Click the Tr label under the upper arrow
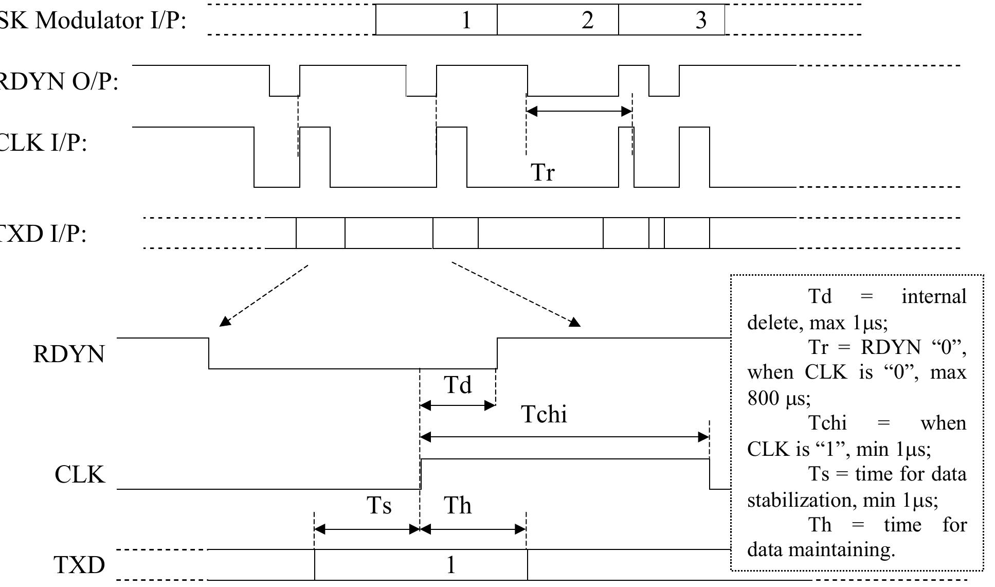(543, 172)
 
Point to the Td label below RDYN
(457, 384)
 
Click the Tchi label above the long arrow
(544, 414)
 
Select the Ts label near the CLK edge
(379, 505)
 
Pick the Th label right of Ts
(457, 505)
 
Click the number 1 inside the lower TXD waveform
(450, 565)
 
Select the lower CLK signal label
(80, 474)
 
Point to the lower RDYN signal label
(68, 354)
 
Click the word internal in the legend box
(934, 296)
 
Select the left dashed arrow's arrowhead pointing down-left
(224, 322)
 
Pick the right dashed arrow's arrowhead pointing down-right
(575, 322)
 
